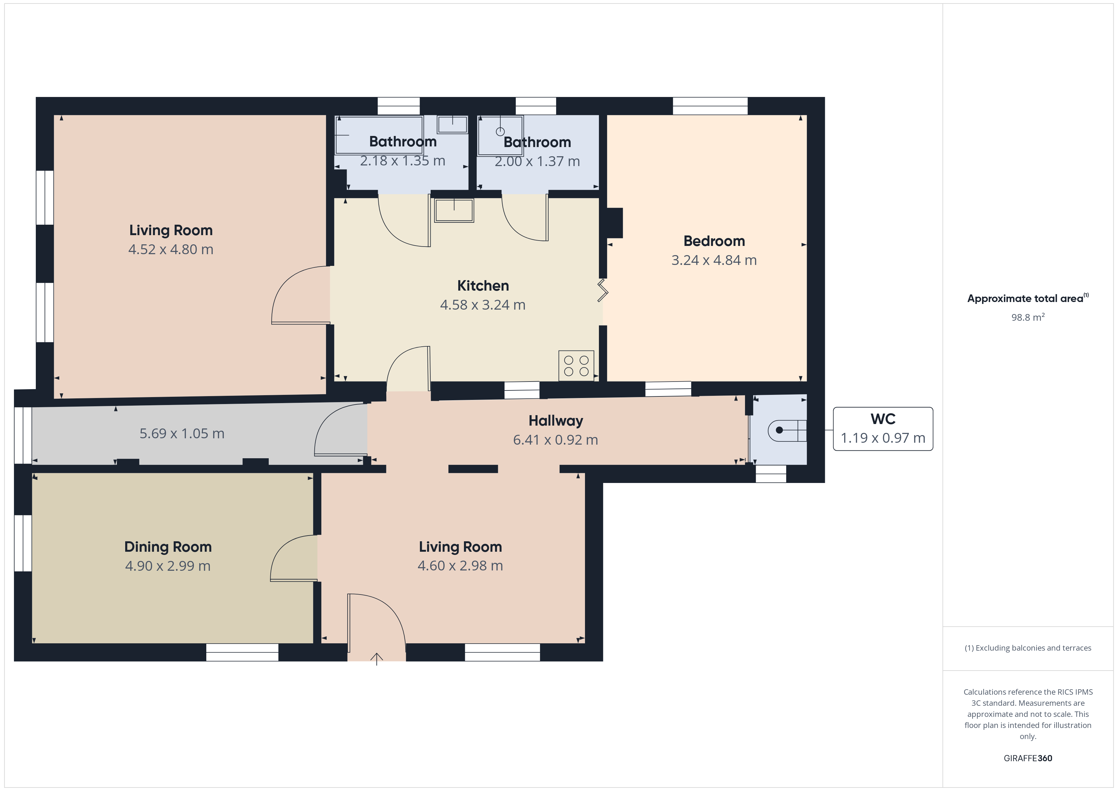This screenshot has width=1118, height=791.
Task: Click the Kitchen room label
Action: pyautogui.click(x=483, y=286)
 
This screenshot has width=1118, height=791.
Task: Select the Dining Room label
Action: pyautogui.click(x=168, y=547)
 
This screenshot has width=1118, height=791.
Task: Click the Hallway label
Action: pyautogui.click(x=556, y=421)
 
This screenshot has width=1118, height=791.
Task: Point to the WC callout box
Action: pyautogui.click(x=883, y=429)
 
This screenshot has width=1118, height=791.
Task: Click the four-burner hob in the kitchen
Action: pyautogui.click(x=576, y=365)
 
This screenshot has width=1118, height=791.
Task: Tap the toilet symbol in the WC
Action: pyautogui.click(x=787, y=430)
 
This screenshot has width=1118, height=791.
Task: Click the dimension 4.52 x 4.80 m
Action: pyautogui.click(x=171, y=249)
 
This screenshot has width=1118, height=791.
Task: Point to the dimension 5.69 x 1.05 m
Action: pyautogui.click(x=182, y=434)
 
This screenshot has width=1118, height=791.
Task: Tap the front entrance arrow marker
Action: pyautogui.click(x=376, y=659)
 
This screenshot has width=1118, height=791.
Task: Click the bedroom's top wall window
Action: pyautogui.click(x=710, y=106)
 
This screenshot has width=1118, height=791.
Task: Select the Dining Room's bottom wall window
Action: pyautogui.click(x=242, y=652)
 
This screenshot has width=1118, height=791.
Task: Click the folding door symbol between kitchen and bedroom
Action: pyautogui.click(x=603, y=290)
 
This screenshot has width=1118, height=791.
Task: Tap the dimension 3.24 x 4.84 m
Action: pyautogui.click(x=714, y=260)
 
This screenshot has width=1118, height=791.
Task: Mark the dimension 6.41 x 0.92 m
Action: pyautogui.click(x=556, y=440)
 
